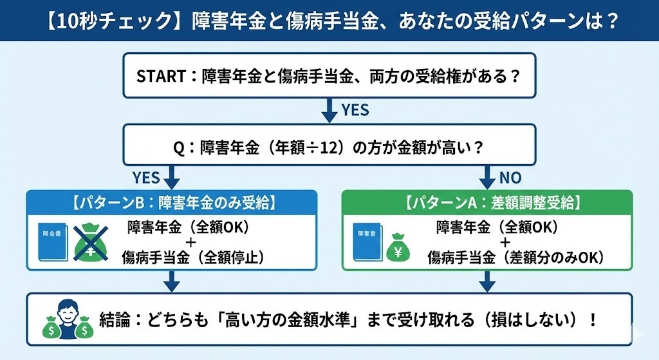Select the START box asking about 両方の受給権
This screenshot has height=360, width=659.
tap(329, 76)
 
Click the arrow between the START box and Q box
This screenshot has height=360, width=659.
tap(329, 110)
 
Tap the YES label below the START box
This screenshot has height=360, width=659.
tap(355, 109)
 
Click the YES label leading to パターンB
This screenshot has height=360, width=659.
tap(146, 178)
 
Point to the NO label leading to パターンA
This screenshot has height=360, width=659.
tap(510, 178)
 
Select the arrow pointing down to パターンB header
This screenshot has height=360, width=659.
tap(171, 177)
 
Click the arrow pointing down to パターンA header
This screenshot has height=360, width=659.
tap(487, 177)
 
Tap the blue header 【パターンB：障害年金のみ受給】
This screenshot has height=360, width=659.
tap(171, 203)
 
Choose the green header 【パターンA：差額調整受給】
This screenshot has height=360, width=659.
tap(487, 203)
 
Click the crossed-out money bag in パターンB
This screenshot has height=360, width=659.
tap(91, 243)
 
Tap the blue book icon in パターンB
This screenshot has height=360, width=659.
tap(53, 242)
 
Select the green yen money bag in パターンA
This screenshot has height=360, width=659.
tap(398, 247)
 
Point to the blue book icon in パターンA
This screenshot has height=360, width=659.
tap(367, 242)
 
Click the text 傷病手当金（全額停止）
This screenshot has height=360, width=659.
tap(193, 257)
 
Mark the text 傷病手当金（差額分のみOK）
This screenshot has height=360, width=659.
tap(516, 257)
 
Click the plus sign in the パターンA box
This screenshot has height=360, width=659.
tap(505, 242)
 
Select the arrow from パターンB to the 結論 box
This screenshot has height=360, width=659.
tap(171, 281)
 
